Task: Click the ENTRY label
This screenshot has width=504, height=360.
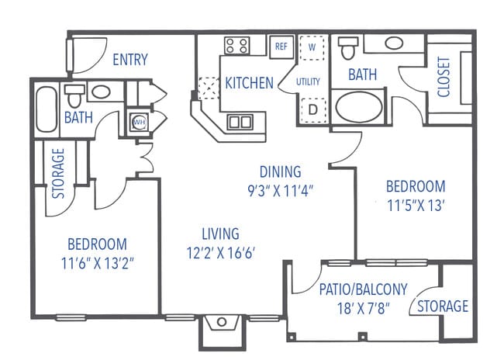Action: [130, 60]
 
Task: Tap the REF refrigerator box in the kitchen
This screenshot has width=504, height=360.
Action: [280, 47]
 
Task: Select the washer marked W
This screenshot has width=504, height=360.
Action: [312, 47]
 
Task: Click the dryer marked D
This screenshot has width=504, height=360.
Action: [312, 109]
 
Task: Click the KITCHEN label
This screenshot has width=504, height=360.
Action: [249, 82]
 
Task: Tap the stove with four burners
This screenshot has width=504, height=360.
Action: [236, 47]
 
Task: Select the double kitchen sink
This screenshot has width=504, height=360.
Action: [240, 122]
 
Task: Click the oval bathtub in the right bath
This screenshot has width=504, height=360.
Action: [358, 105]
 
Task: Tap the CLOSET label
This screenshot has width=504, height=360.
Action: [444, 78]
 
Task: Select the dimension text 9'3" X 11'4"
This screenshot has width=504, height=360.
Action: [280, 189]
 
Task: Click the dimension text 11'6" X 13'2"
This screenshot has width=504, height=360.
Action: [96, 261]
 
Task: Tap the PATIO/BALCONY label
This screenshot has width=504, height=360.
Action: [363, 289]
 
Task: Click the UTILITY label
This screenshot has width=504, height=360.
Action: [307, 81]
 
